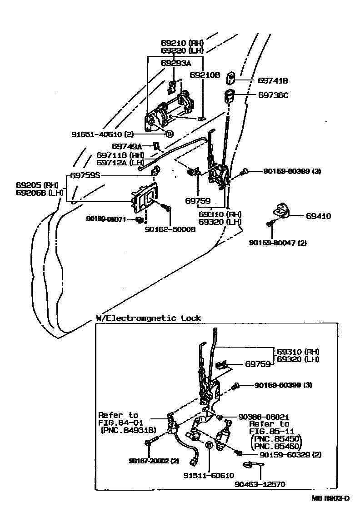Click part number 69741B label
tap(273, 80)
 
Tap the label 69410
tap(318, 216)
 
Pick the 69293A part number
tap(176, 63)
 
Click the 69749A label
tap(127, 146)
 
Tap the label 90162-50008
tap(170, 230)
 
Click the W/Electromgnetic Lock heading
tap(148, 318)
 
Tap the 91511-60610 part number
tap(209, 475)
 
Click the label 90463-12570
tap(260, 484)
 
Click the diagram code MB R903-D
tap(330, 498)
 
